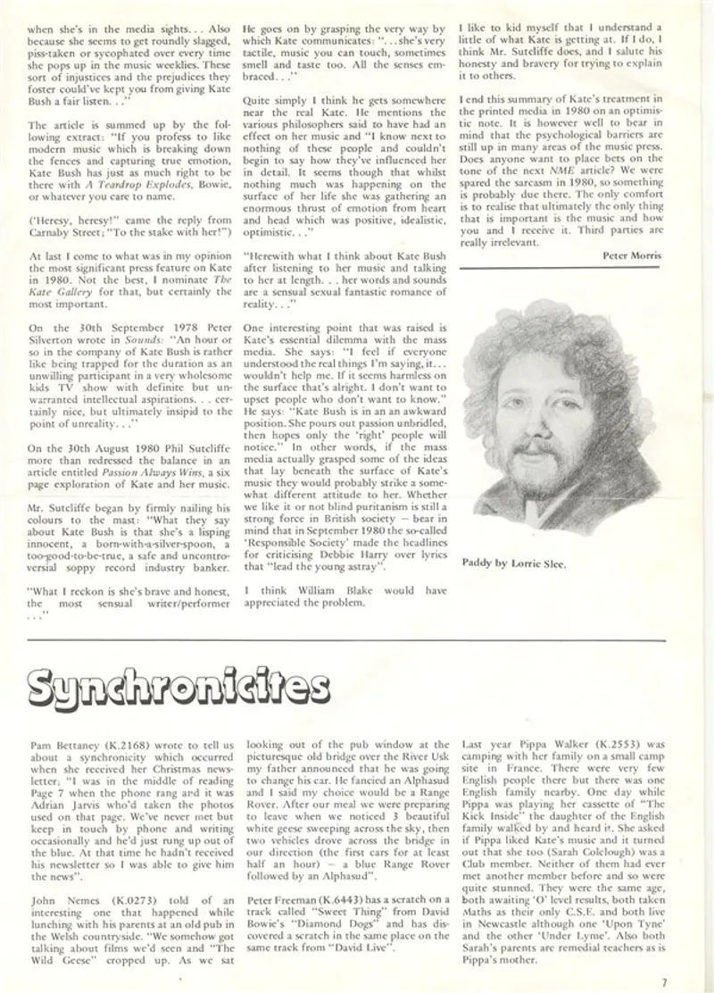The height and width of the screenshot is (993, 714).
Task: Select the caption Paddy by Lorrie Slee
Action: [x=513, y=563]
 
